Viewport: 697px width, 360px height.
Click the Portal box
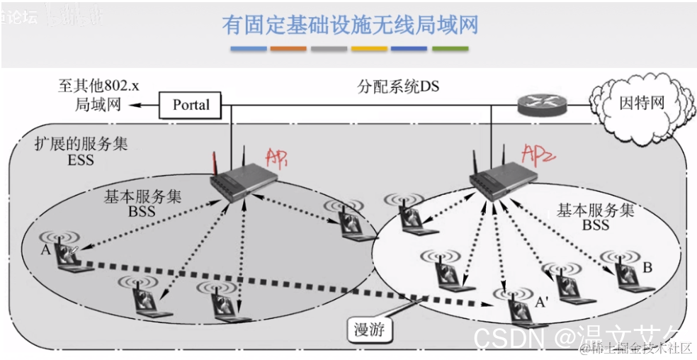point(191,105)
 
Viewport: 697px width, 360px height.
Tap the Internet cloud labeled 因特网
point(642,102)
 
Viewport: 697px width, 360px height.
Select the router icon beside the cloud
point(542,105)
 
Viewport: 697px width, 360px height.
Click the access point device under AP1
point(240,181)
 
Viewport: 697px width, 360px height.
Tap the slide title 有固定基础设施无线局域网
point(350,26)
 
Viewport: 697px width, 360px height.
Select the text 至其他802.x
point(98,86)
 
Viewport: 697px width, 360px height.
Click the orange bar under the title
point(288,49)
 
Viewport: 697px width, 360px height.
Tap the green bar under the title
point(450,49)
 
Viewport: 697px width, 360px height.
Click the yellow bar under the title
point(369,49)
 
